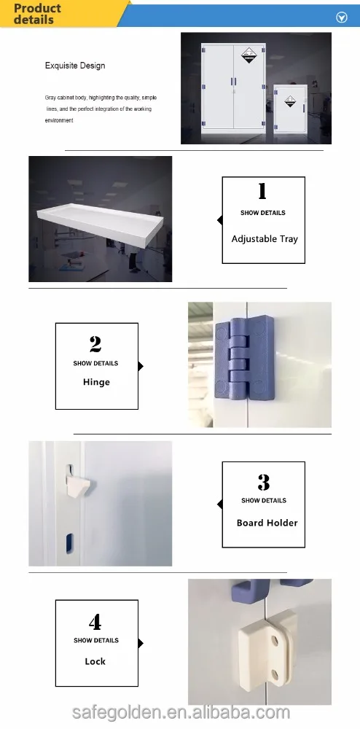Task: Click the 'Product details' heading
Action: pos(38,14)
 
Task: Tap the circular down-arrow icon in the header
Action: pos(340,17)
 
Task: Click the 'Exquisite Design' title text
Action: pos(75,66)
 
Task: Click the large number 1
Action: pos(262,192)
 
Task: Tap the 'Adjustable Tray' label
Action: pos(265,239)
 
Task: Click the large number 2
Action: pos(95,343)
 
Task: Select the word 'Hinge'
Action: pos(96,382)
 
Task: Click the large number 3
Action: pos(264,482)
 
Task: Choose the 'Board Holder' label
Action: pos(267,523)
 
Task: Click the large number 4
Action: pos(95,623)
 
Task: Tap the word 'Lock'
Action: pos(95,661)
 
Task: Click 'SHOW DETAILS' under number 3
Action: pos(264,501)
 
